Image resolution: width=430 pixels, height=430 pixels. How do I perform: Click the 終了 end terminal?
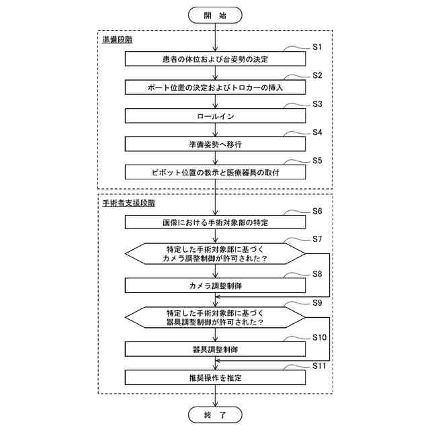(x=214, y=415)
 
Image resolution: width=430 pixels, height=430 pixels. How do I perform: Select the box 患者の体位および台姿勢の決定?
(x=215, y=59)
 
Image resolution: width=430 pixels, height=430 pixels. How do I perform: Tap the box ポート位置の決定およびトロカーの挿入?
(x=215, y=87)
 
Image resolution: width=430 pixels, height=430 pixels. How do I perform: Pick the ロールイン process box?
(x=215, y=116)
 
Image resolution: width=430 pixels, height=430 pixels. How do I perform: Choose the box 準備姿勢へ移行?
(x=215, y=144)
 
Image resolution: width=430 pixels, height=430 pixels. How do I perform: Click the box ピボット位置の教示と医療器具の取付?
(x=215, y=172)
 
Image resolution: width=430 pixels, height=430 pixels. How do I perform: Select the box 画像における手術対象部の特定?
(x=215, y=222)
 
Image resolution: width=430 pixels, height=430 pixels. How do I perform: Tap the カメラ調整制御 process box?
(x=215, y=286)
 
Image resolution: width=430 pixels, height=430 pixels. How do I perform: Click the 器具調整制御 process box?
(x=215, y=349)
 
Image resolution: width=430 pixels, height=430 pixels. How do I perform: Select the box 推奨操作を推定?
(x=215, y=378)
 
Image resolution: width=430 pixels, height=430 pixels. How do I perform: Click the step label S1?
(x=318, y=47)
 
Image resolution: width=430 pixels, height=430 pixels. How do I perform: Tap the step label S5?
(x=318, y=161)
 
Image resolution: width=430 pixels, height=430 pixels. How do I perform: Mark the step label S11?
(x=320, y=365)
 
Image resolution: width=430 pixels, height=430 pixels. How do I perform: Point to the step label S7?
(x=318, y=239)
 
